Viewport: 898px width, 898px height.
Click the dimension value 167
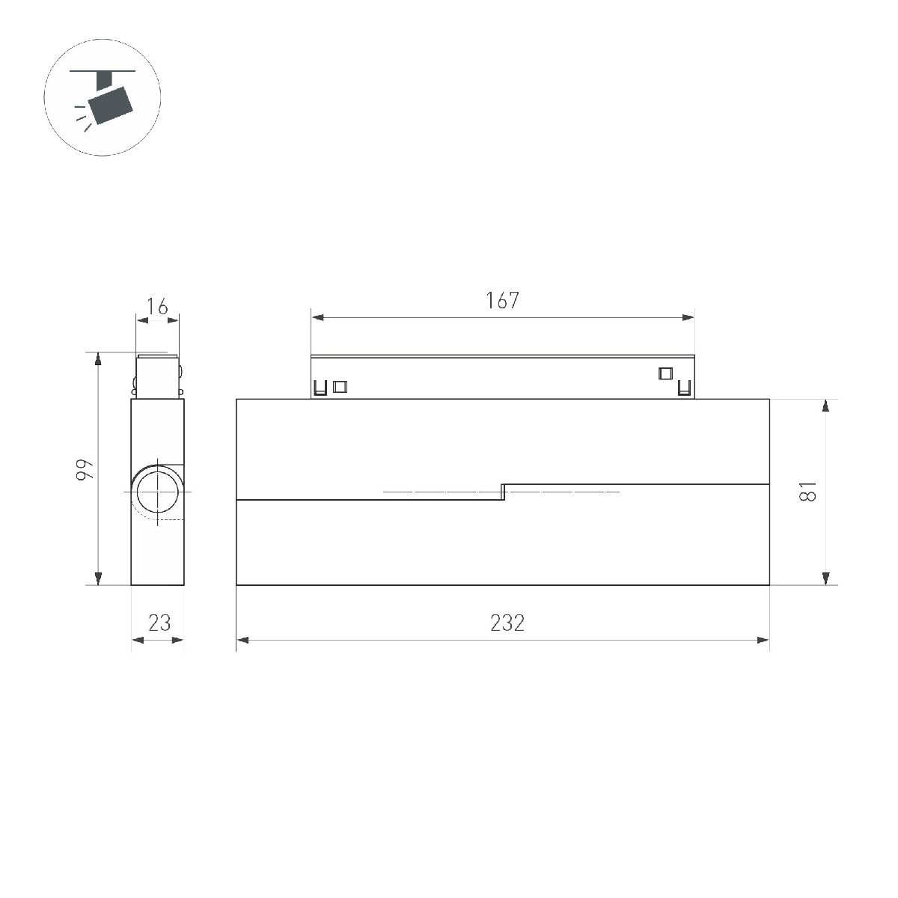point(502,300)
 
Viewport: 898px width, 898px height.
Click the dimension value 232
point(507,623)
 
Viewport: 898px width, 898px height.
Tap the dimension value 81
point(807,492)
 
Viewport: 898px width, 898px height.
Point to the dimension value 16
point(157,305)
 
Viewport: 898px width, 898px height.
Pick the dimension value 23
point(159,623)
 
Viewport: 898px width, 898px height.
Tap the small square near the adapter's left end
point(340,387)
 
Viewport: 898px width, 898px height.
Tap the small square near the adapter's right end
point(665,373)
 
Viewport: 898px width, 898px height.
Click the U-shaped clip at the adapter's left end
point(320,388)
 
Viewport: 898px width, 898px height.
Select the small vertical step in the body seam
point(504,492)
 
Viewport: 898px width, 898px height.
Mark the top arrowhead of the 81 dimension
point(825,406)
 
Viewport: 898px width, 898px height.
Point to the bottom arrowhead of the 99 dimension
point(98,578)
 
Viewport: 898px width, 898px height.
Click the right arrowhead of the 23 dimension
point(178,640)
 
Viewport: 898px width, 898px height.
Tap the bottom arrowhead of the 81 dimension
point(825,578)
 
